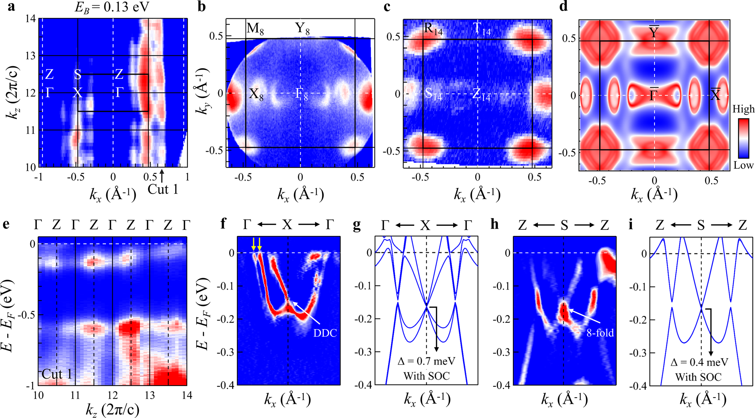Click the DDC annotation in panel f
pos(325,333)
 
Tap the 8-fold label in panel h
pos(600,332)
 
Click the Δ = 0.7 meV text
pos(426,362)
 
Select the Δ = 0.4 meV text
pos(699,362)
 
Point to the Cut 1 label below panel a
pos(163,189)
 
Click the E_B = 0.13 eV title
pos(112,7)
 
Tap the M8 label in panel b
pos(255,28)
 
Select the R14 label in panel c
pos(433,29)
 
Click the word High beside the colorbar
pos(743,109)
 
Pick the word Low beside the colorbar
pos(743,165)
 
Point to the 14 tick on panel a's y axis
pos(31,19)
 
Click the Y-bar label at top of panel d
pos(654,32)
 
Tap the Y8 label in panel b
pos(302,28)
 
